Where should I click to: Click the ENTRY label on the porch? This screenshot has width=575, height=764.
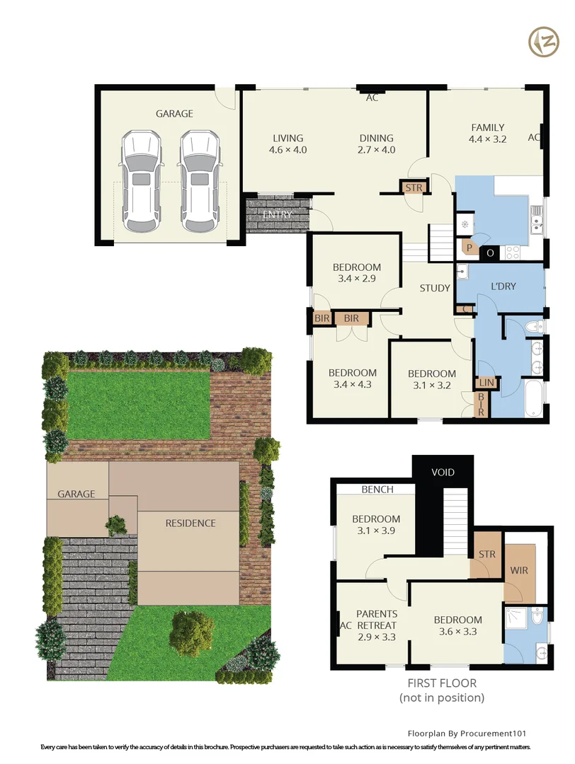[x=277, y=214]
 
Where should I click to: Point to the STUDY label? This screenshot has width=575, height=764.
[x=435, y=288]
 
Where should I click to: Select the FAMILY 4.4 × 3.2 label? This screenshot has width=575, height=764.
[x=488, y=134]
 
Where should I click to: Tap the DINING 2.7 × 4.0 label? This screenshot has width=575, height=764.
[x=375, y=144]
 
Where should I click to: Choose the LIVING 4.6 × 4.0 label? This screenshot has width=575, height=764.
[x=287, y=144]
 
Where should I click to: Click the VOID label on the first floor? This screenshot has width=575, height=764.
[x=443, y=472]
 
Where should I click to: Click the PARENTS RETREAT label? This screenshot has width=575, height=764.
[x=376, y=625]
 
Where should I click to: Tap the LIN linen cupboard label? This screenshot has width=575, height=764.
[x=486, y=382]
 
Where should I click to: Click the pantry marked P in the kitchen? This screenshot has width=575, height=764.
[x=468, y=247]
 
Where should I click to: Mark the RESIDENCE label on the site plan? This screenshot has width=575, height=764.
[x=190, y=523]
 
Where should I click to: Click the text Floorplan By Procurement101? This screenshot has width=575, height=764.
[x=467, y=734]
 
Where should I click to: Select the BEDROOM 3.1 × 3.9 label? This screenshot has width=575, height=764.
[x=376, y=525]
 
